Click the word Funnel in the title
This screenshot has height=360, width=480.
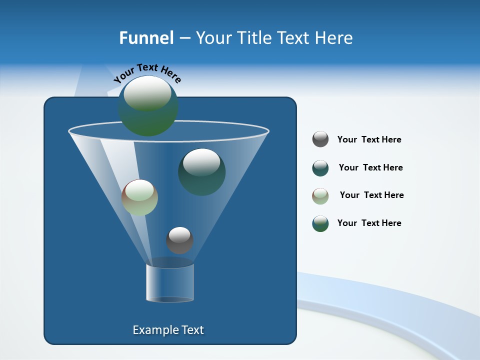(x=146, y=38)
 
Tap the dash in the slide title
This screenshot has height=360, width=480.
(x=184, y=38)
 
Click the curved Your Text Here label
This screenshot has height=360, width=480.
(x=147, y=72)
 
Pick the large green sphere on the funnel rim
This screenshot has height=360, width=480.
(x=148, y=105)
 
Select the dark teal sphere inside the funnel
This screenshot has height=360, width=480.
(x=201, y=171)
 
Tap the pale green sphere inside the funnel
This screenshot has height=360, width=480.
(x=139, y=197)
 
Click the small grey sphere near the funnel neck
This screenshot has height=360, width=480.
(x=179, y=240)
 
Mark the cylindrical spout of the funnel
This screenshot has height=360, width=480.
(x=170, y=283)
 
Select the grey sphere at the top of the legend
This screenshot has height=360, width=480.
(x=320, y=139)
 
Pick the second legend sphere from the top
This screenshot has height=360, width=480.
(x=320, y=168)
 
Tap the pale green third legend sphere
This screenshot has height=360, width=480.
(x=320, y=196)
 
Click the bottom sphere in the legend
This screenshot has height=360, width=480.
(x=320, y=223)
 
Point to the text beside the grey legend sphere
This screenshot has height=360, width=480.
(x=369, y=139)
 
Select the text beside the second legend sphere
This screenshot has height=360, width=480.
(x=370, y=167)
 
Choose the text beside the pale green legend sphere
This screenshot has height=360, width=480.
(x=371, y=195)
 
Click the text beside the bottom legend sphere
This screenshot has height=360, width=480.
(x=369, y=223)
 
